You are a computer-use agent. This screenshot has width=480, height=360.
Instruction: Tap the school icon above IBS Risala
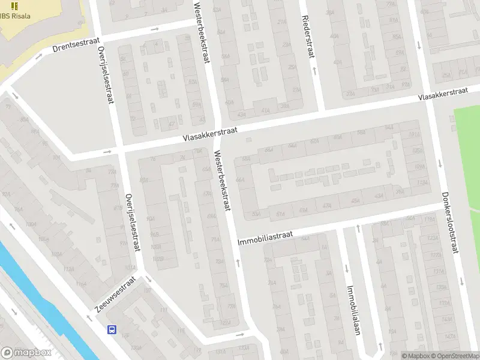coord(14,5)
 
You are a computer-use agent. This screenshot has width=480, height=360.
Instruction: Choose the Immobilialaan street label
coord(352,309)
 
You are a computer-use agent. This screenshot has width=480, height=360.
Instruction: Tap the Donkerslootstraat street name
coord(450,222)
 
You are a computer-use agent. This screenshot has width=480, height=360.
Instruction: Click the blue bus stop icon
coord(112,329)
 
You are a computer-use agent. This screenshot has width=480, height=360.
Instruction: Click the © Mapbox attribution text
coord(416,356)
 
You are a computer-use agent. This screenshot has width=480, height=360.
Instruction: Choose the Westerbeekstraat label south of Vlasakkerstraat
coord(223,180)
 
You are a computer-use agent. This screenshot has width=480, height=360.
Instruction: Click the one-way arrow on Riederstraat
coord(314,71)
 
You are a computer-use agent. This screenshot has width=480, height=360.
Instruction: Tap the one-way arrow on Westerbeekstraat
coord(238,262)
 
